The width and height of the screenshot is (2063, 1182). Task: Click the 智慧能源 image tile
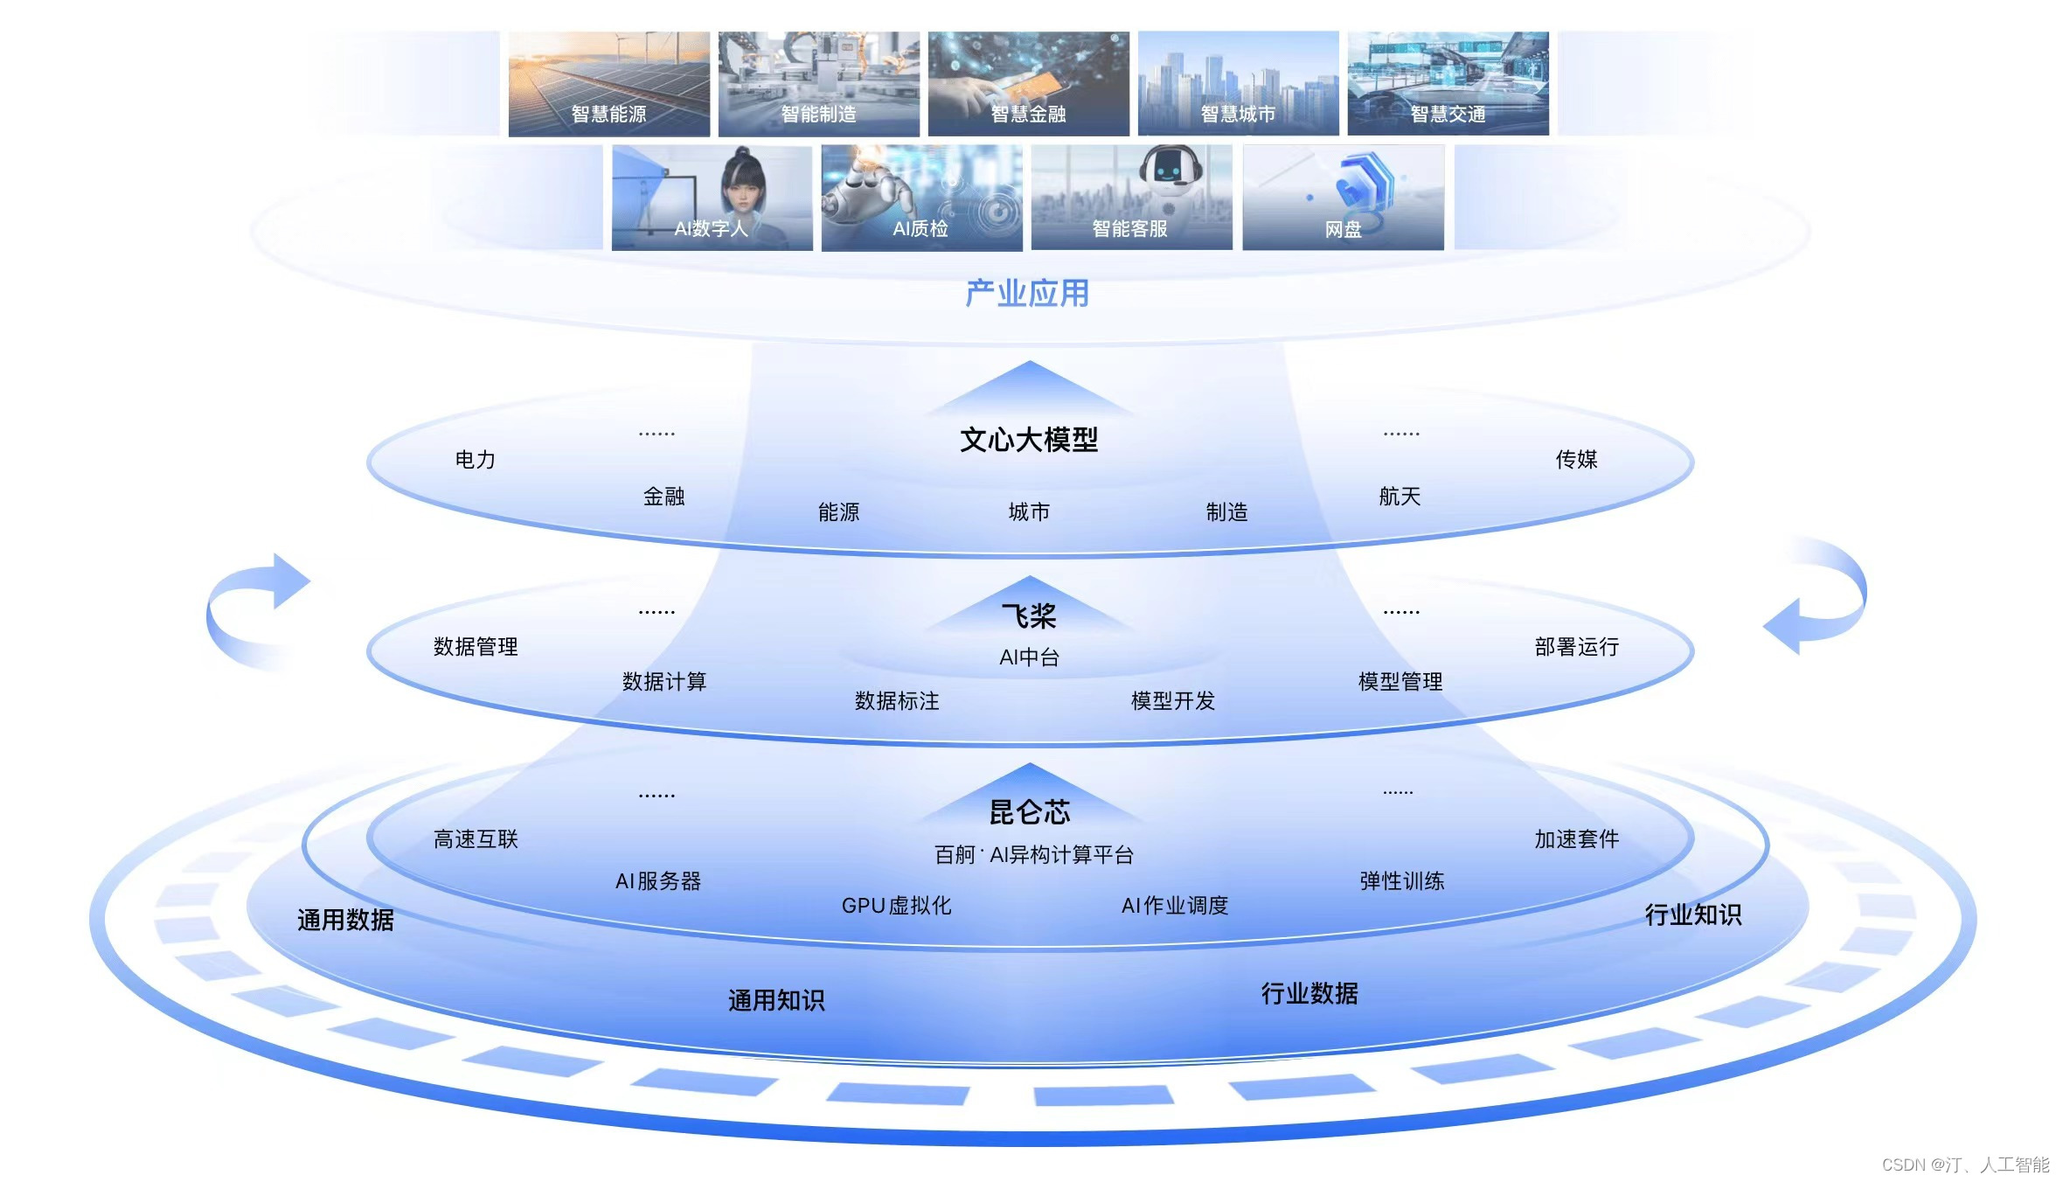pyautogui.click(x=608, y=84)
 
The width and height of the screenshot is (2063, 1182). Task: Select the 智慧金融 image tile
pyautogui.click(x=1028, y=84)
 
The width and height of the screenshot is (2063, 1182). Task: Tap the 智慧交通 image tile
pyautogui.click(x=1448, y=84)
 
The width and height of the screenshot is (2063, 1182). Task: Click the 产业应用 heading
pyautogui.click(x=1027, y=294)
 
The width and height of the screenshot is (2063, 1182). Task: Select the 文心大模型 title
pyautogui.click(x=1029, y=440)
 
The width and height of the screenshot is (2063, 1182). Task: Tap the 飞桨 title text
pyautogui.click(x=1029, y=616)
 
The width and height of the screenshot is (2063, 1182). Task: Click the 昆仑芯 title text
pyautogui.click(x=1029, y=812)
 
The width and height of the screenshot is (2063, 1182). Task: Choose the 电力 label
pyautogui.click(x=476, y=460)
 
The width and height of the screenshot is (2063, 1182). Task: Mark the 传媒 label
pyautogui.click(x=1576, y=460)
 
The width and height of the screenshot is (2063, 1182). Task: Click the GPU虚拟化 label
pyautogui.click(x=896, y=906)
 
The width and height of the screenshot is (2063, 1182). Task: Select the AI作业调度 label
pyautogui.click(x=1175, y=906)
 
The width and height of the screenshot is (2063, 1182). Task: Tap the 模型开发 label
pyautogui.click(x=1173, y=701)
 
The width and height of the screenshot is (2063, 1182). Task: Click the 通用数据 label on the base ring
pyautogui.click(x=345, y=920)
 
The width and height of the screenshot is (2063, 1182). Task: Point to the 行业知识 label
pyautogui.click(x=1693, y=914)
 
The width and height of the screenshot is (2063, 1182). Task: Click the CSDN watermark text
pyautogui.click(x=1965, y=1165)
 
